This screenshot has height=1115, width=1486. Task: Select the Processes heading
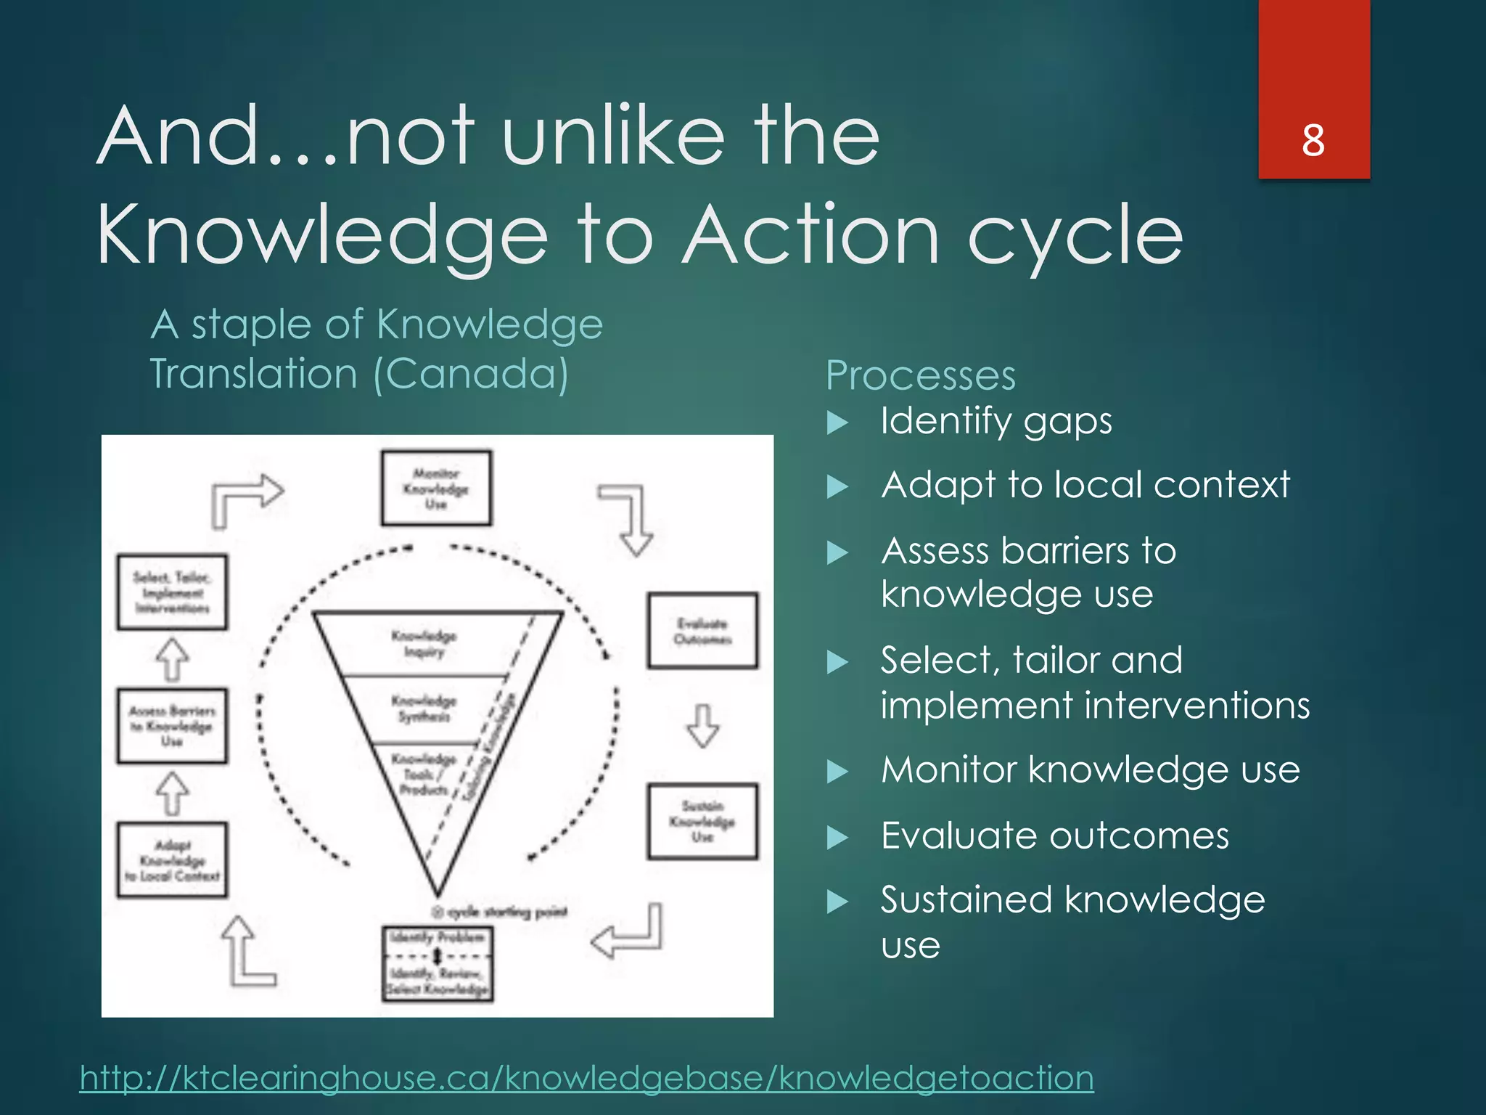pos(920,376)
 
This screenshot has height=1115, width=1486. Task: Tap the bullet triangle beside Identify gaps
pos(837,422)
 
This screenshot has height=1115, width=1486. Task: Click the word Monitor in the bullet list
pos(948,769)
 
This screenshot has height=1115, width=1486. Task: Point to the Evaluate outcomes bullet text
pos(1054,836)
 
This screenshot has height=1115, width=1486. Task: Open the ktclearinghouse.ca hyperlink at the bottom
pos(586,1077)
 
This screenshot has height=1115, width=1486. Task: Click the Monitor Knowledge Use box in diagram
pos(436,489)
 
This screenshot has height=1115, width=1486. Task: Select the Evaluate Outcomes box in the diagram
pos(702,631)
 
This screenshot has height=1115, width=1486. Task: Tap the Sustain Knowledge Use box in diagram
pos(702,821)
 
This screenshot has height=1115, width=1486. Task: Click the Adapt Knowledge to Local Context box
pos(172,860)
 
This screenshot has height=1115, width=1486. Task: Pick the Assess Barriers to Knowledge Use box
pos(172,726)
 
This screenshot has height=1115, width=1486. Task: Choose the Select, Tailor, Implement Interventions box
pos(172,592)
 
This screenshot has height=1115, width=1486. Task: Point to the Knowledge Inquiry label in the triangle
pos(424,643)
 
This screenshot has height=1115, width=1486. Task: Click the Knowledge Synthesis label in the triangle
pos(424,708)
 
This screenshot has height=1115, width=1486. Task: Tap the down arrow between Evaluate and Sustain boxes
pos(702,725)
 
